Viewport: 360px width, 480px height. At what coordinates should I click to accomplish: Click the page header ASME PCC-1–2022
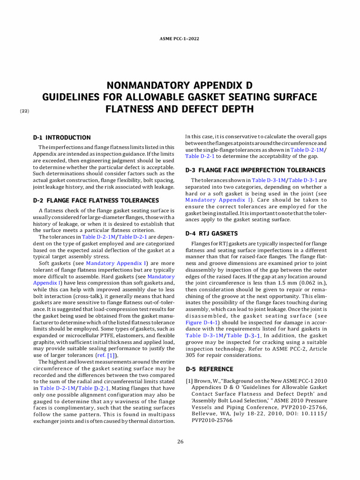tap(180, 38)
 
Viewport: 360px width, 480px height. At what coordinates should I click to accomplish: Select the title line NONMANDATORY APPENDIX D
tap(180, 85)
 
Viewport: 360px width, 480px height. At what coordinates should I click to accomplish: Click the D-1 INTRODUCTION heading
tap(61, 137)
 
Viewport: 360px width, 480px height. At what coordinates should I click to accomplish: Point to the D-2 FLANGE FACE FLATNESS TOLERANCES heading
tap(96, 200)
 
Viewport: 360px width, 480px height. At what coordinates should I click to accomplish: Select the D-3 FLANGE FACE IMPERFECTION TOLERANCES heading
tap(255, 170)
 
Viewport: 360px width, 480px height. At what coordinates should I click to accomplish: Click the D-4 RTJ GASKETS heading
tap(211, 233)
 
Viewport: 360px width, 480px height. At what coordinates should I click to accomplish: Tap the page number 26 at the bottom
tap(180, 442)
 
